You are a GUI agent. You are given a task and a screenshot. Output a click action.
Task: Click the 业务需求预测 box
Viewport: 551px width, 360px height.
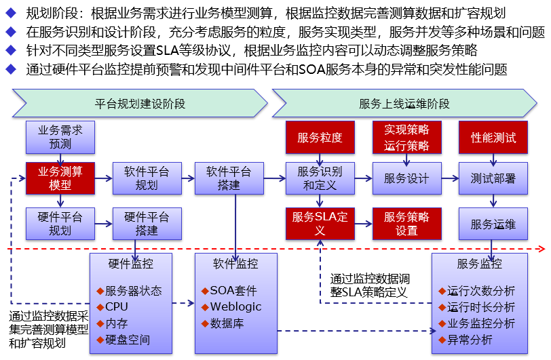click(x=60, y=137)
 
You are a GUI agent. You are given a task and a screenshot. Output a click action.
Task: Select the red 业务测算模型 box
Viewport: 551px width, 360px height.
click(x=60, y=178)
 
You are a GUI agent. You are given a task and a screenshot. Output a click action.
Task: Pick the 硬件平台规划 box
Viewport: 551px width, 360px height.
click(x=60, y=224)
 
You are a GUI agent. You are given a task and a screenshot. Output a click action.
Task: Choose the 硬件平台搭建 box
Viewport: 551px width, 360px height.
click(x=146, y=224)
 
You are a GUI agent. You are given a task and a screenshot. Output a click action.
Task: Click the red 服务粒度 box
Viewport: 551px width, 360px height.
click(x=320, y=138)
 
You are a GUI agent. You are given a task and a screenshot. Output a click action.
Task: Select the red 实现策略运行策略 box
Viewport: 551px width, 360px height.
click(x=406, y=138)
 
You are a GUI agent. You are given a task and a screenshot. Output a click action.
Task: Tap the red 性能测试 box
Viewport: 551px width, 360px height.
click(x=493, y=138)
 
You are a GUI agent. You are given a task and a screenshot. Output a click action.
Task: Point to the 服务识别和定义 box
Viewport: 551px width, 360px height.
click(x=320, y=178)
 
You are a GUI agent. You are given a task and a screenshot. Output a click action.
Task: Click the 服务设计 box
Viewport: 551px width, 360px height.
click(x=406, y=178)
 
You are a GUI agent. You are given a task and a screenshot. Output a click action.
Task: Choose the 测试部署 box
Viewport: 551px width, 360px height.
click(x=493, y=178)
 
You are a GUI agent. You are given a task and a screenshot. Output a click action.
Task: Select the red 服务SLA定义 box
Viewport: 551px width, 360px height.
click(x=320, y=224)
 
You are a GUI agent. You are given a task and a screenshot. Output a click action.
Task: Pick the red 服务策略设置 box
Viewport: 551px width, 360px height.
click(x=406, y=224)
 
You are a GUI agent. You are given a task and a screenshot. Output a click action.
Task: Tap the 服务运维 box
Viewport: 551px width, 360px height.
click(x=493, y=224)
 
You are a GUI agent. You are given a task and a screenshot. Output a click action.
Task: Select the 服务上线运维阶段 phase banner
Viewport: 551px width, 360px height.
click(x=404, y=104)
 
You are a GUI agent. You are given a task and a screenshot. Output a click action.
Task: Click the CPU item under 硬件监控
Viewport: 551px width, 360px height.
click(x=116, y=306)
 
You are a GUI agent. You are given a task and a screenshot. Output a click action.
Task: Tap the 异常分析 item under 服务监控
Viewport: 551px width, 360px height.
click(x=470, y=340)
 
